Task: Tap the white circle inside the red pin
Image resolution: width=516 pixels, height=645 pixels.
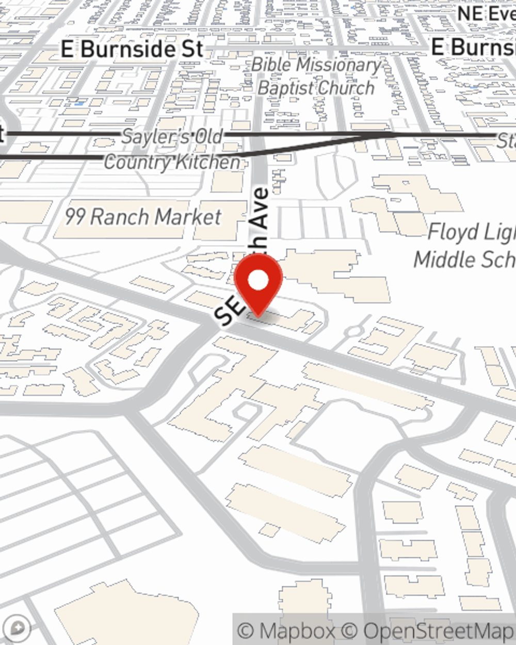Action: (258, 281)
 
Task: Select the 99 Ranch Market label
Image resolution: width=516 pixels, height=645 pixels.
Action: (143, 217)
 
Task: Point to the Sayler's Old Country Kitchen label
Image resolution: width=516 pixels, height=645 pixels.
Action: (172, 150)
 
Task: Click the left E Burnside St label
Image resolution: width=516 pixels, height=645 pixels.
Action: (132, 50)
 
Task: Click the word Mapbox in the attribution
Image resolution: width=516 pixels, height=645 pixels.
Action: (296, 631)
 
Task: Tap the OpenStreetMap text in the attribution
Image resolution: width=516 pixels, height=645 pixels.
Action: (439, 631)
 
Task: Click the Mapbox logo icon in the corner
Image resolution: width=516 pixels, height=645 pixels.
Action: (19, 628)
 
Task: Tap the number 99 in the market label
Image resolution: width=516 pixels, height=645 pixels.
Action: (74, 217)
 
